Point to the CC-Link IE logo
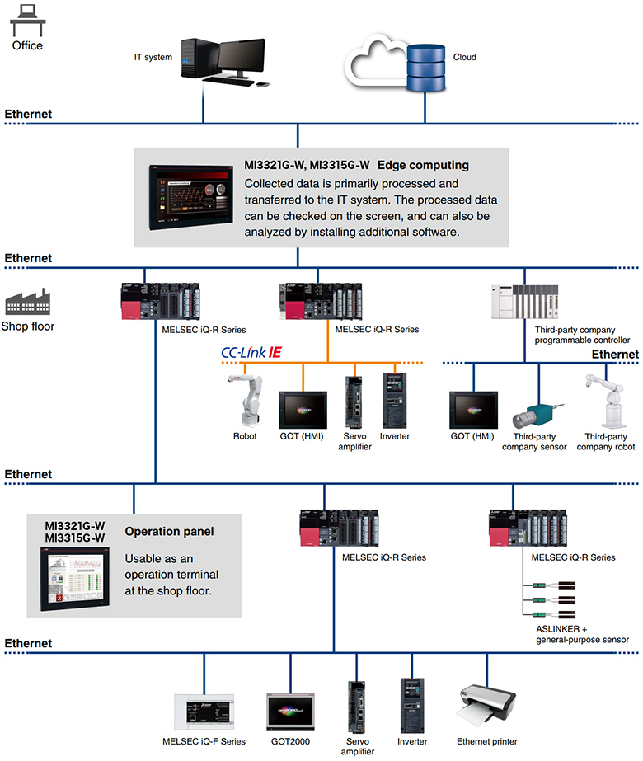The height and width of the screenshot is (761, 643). tap(251, 352)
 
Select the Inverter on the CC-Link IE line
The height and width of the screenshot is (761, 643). tap(394, 400)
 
